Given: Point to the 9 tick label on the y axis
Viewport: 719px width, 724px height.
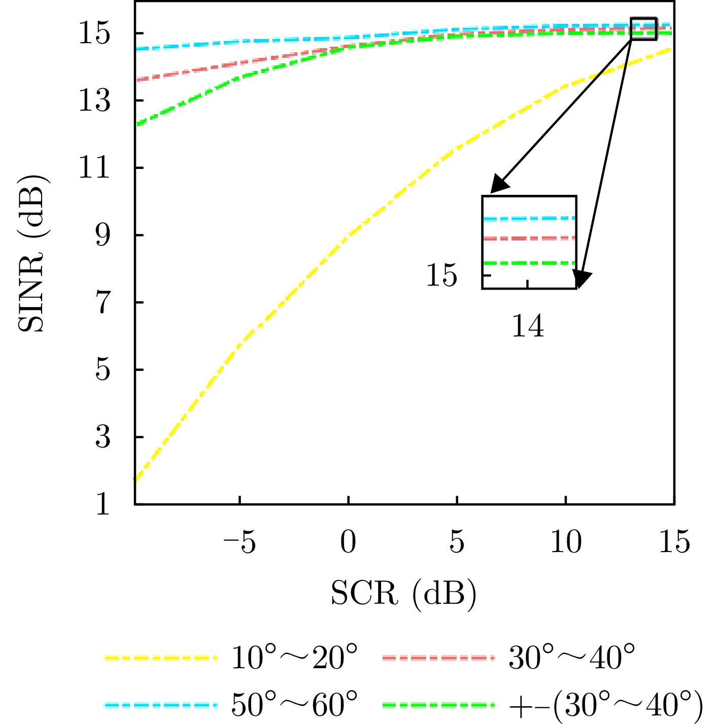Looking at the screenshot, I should pyautogui.click(x=102, y=235).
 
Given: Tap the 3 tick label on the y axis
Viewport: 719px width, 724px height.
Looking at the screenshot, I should pyautogui.click(x=102, y=437).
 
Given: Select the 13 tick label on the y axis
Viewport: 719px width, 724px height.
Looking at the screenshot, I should pyautogui.click(x=94, y=100).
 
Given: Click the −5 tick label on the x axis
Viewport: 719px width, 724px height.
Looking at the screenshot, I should pyautogui.click(x=239, y=542).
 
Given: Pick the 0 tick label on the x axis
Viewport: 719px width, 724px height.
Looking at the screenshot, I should pyautogui.click(x=348, y=542).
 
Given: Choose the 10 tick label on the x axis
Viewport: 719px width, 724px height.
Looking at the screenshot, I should pyautogui.click(x=566, y=542).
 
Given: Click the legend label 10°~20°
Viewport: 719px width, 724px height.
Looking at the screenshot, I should pyautogui.click(x=294, y=659).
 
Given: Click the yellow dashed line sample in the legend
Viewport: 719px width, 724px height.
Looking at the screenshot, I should pyautogui.click(x=161, y=659).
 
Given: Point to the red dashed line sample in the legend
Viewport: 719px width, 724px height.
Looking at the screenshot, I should pyautogui.click(x=438, y=659).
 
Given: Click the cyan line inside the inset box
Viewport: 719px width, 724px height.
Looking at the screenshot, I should pyautogui.click(x=529, y=219).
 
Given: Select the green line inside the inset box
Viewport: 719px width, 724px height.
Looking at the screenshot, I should pyautogui.click(x=529, y=263).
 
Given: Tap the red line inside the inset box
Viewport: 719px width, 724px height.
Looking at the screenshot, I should pyautogui.click(x=529, y=238).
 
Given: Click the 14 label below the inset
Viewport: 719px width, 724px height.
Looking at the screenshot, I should pyautogui.click(x=528, y=326).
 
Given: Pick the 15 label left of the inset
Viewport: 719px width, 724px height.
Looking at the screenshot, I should pyautogui.click(x=441, y=275).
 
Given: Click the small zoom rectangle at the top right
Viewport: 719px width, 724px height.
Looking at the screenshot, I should pyautogui.click(x=643, y=28).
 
